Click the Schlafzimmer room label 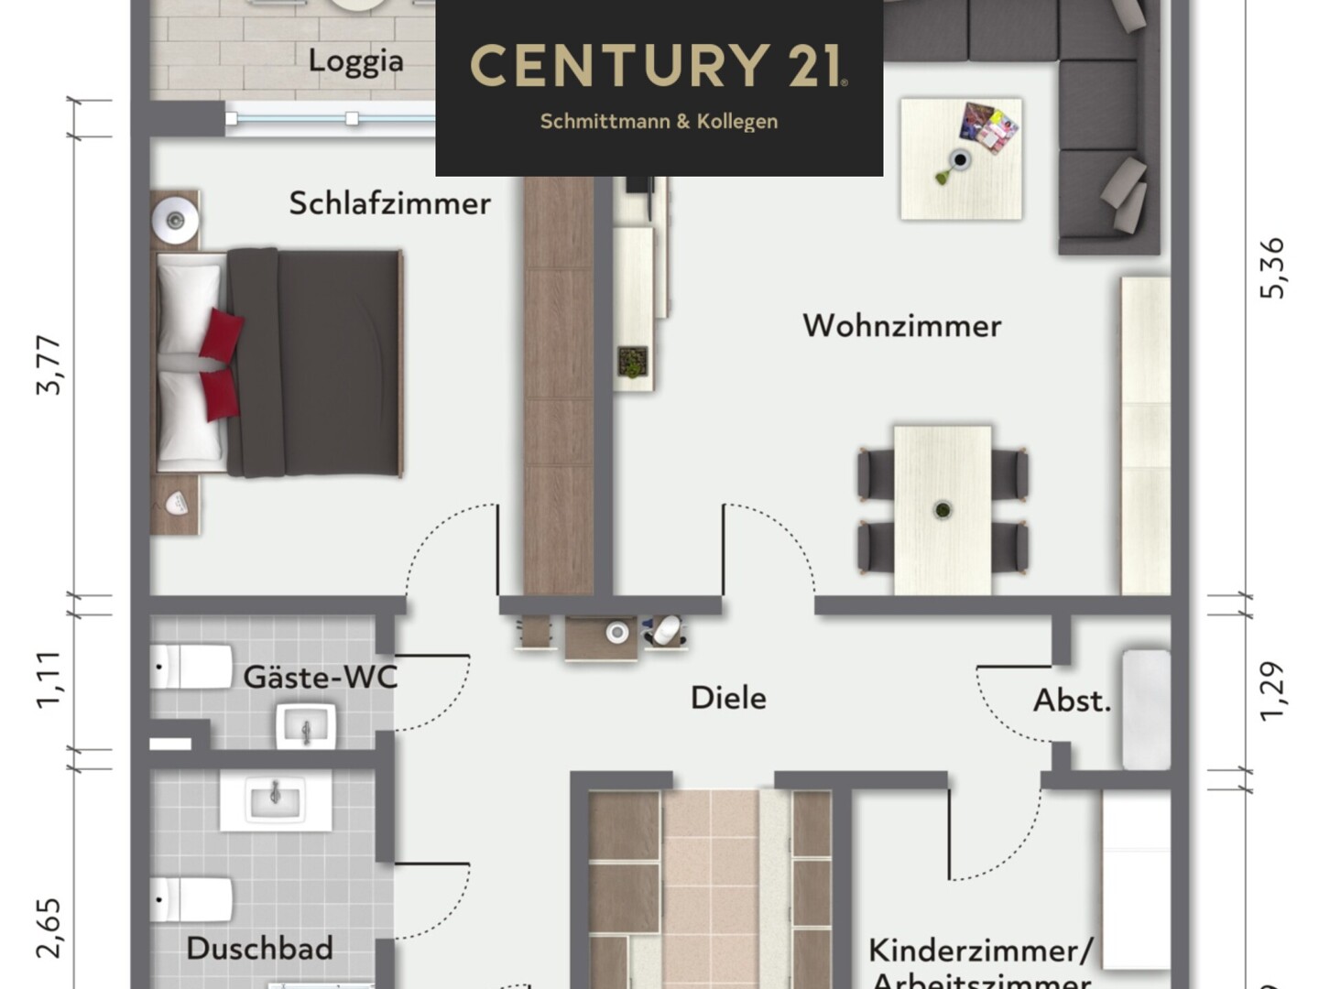389,203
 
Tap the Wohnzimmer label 901,326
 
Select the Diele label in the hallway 728,698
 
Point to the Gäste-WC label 320,678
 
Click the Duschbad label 259,949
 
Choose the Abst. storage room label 1072,701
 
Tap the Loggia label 355,61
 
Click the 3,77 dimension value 49,365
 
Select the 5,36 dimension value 1272,268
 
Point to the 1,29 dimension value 1272,691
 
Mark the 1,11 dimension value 49,679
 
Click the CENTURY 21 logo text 658,66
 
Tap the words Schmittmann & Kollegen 659,122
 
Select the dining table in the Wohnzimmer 943,509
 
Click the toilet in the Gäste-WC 192,666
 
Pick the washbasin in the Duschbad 275,799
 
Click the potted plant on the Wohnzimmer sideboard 632,362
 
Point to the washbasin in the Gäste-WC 306,727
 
